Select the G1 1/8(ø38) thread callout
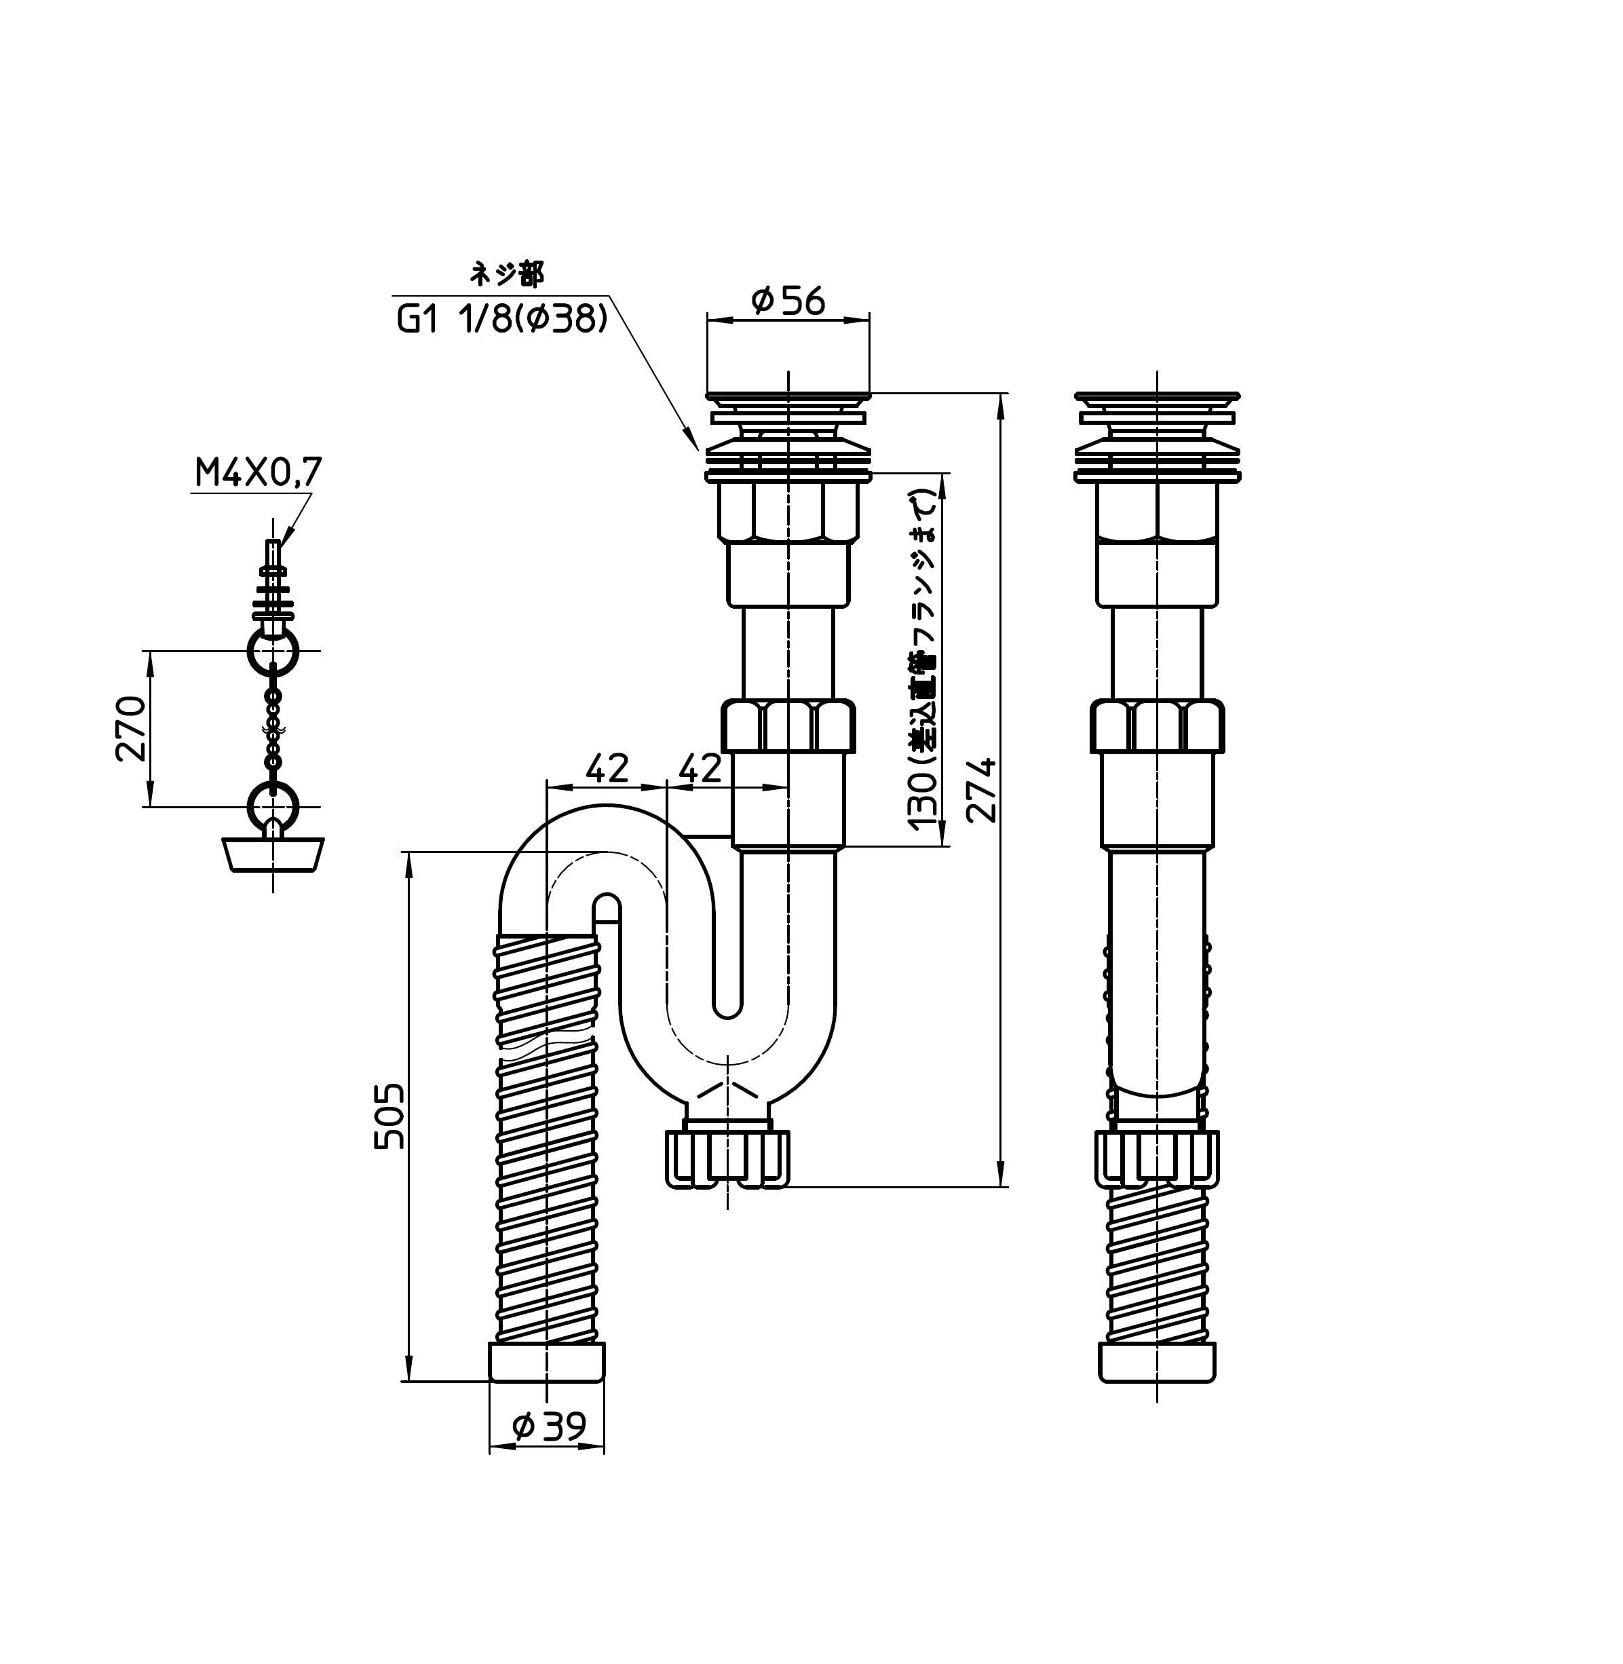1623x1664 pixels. [x=502, y=320]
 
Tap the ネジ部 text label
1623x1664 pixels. [x=508, y=273]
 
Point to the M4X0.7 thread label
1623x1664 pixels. [x=259, y=472]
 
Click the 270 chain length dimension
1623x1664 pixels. [x=131, y=728]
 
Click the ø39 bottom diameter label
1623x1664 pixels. [x=549, y=1424]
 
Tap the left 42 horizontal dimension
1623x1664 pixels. [x=606, y=769]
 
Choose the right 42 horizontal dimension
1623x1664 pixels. [x=699, y=769]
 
